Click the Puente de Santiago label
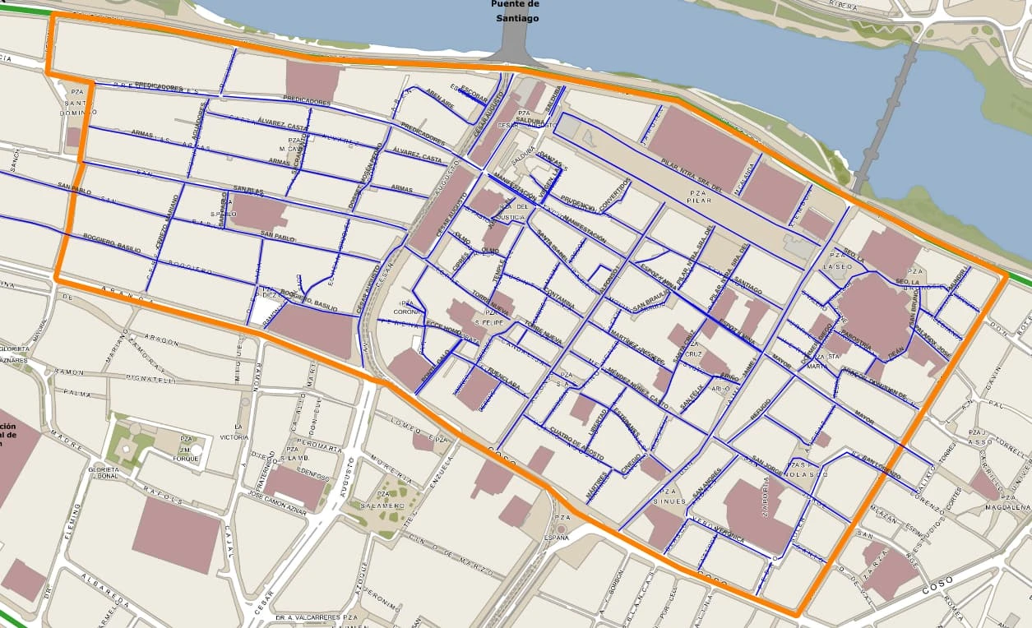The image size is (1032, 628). point(516,11)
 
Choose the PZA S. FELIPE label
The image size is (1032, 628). point(493,317)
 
